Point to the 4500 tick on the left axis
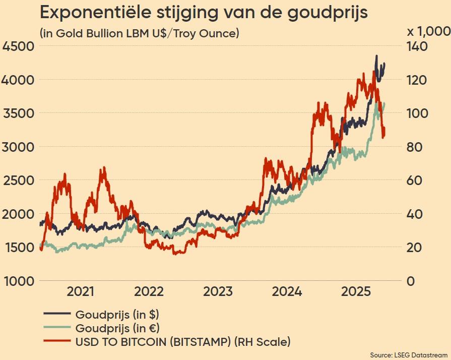[18, 46]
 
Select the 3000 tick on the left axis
[18, 147]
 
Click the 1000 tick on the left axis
[18, 281]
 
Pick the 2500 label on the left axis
[18, 181]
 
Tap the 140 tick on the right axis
[417, 46]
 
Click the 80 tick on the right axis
[414, 147]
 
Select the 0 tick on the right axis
[411, 281]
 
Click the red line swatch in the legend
[57, 342]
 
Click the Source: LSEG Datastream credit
[409, 355]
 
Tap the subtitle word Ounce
[220, 34]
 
